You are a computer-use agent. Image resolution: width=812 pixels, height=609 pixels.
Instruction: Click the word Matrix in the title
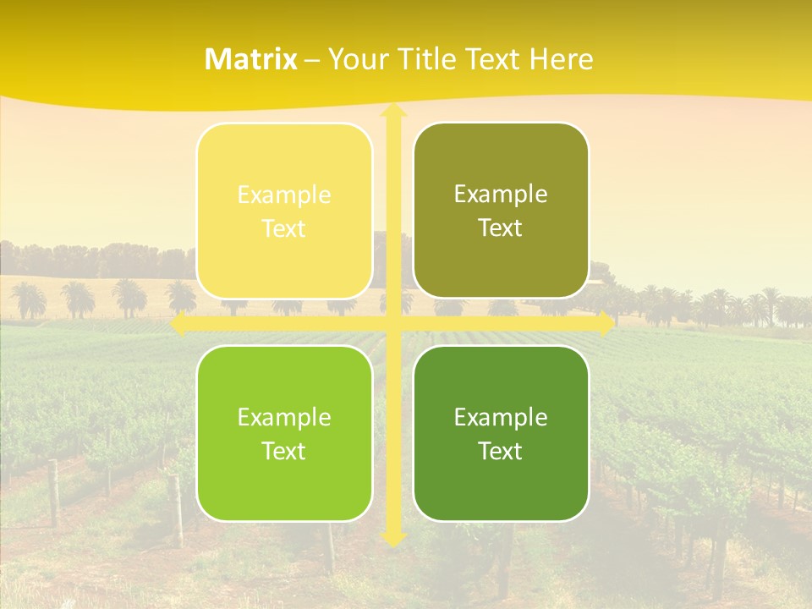coord(251,59)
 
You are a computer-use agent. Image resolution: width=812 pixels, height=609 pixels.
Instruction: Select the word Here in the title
coord(561,59)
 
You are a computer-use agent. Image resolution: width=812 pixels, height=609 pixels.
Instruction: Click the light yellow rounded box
coord(284,211)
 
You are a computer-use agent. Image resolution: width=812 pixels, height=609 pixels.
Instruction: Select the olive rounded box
coord(501,211)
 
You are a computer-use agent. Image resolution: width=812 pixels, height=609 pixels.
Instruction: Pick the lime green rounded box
coord(284,433)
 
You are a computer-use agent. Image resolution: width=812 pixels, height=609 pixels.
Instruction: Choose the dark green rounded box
coord(501,433)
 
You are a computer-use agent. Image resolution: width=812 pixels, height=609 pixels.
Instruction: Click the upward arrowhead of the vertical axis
coord(392,112)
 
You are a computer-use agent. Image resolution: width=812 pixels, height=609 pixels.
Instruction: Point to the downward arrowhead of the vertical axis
coord(392,539)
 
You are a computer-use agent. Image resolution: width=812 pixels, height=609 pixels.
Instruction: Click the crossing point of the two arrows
coord(392,324)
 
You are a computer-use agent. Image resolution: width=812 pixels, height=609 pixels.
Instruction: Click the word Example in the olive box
coord(501,195)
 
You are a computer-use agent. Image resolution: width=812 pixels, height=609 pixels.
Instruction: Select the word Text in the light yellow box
coord(284,228)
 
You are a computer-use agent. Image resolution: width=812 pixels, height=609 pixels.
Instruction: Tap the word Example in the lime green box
coord(284,417)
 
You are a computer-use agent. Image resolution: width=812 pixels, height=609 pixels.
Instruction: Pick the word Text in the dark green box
coord(501,451)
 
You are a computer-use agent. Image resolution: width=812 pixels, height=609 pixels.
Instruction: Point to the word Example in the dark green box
coord(501,417)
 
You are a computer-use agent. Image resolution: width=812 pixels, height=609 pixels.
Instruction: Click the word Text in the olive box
coord(501,228)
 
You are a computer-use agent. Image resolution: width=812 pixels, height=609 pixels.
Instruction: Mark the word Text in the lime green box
coord(284,451)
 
